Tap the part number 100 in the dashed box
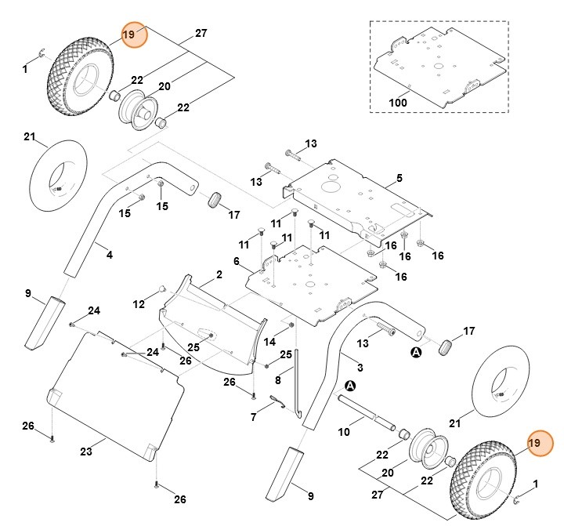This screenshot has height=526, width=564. click(398, 103)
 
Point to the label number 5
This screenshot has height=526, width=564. click(399, 179)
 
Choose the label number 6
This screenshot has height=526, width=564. click(236, 261)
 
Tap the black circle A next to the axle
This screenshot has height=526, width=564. click(349, 386)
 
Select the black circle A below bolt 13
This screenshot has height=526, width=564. click(416, 354)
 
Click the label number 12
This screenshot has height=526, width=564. click(139, 303)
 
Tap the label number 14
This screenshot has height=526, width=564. click(269, 342)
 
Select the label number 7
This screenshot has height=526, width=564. click(253, 417)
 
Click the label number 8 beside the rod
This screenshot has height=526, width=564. click(278, 381)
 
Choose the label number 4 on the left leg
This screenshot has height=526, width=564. click(109, 254)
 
